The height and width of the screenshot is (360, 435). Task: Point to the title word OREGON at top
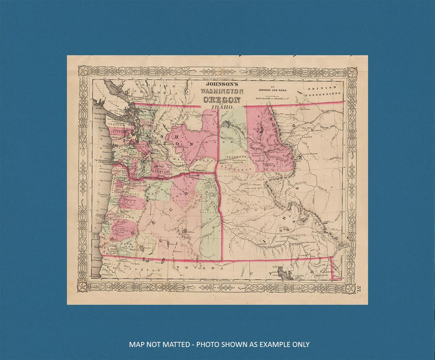[x=222, y=100]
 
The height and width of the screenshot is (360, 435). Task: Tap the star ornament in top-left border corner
[x=84, y=72]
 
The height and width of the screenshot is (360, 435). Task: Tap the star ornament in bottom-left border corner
[x=84, y=286]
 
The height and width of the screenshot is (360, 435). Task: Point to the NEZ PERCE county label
[x=237, y=169]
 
